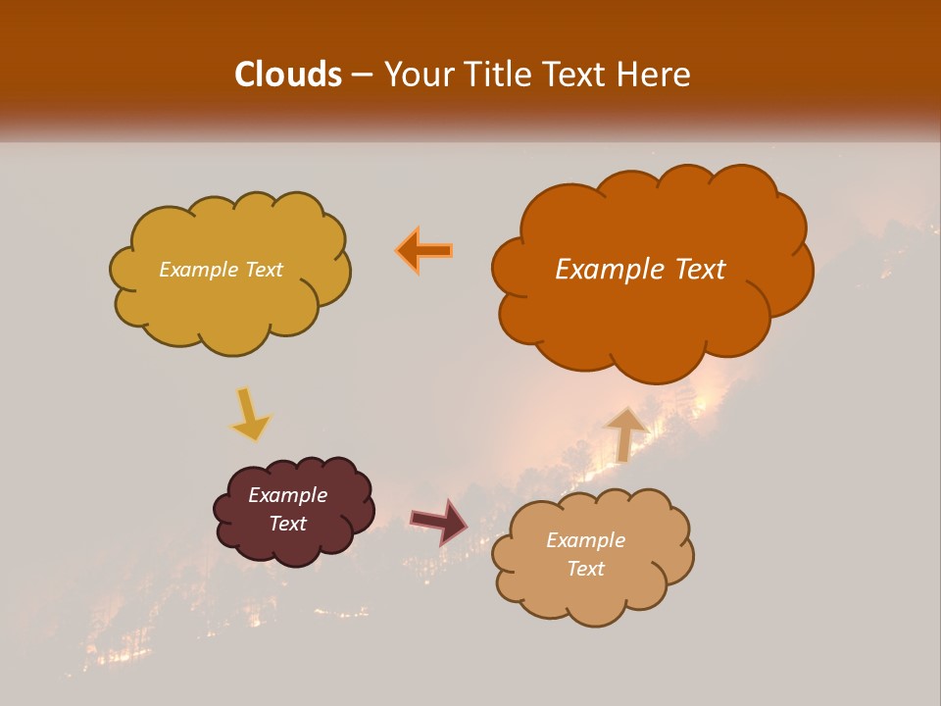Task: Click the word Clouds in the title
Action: point(287,75)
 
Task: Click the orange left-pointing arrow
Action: point(424,250)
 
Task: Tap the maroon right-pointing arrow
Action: point(439,521)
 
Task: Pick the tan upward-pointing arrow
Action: point(625,434)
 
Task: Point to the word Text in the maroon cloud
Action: point(288,524)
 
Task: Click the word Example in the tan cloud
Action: point(585,540)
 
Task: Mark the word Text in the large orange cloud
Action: point(693,270)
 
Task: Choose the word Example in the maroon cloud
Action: point(288,495)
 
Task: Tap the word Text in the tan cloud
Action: point(585,569)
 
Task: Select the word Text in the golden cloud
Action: point(263,270)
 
